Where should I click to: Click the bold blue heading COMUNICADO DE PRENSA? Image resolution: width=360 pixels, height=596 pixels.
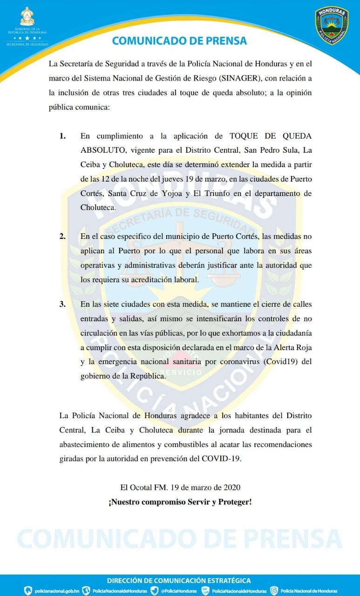coord(179,41)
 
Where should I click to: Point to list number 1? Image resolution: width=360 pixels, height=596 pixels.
coord(62,136)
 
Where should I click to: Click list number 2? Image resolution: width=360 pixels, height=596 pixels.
coord(62,236)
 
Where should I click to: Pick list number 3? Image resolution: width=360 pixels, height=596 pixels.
coord(62,304)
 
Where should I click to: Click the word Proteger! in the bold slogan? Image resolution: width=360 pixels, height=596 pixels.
coord(231,503)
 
